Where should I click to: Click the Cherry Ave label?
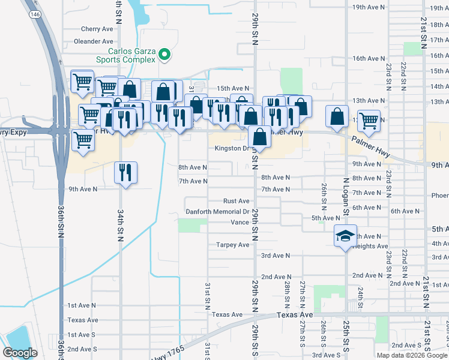click(97, 29)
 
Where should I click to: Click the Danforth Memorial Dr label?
click(217, 212)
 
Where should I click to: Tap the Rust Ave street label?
click(236, 201)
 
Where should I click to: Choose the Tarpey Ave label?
click(233, 245)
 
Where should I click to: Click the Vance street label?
click(240, 223)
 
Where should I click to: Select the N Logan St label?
click(346, 196)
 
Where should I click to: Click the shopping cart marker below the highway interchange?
click(83, 141)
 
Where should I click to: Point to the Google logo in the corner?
click(20, 352)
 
